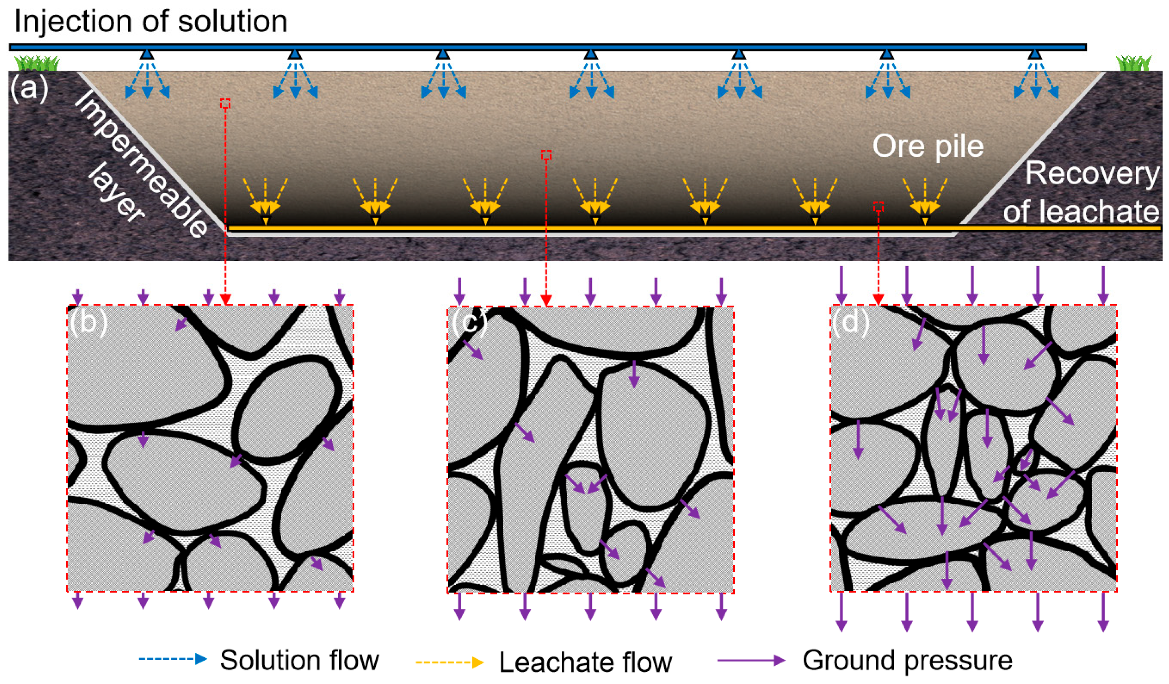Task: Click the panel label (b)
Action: [x=88, y=322]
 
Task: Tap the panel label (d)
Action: [x=850, y=321]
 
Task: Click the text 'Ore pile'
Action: [x=928, y=146]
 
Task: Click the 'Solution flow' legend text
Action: [x=299, y=660]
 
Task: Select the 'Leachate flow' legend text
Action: [x=585, y=662]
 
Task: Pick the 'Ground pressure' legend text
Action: [x=908, y=660]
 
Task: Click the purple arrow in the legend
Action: [x=751, y=660]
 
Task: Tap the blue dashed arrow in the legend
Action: [x=173, y=659]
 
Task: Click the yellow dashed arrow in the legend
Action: [x=449, y=662]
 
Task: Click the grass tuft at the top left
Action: [x=37, y=63]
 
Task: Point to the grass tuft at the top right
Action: [x=1134, y=63]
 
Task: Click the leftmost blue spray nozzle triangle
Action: [x=147, y=54]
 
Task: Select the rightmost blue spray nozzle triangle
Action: [x=1035, y=54]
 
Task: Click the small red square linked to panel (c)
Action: [x=546, y=155]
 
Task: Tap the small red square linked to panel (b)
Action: [x=225, y=103]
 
